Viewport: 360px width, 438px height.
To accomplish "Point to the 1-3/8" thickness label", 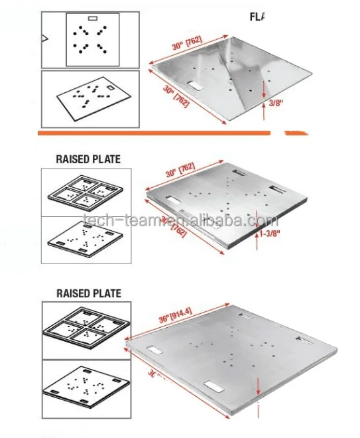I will tap(274, 233).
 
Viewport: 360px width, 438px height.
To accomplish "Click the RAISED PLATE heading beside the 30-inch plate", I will tap(89, 159).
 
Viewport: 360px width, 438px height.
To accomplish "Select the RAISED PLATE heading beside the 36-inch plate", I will tap(89, 293).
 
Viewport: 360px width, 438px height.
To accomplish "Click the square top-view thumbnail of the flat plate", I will tap(93, 39).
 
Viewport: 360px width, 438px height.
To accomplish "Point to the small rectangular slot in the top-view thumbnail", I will tap(93, 17).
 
